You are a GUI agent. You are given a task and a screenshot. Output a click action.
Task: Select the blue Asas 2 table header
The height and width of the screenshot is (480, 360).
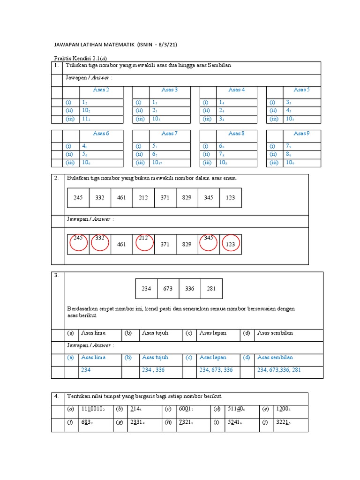pyautogui.click(x=101, y=90)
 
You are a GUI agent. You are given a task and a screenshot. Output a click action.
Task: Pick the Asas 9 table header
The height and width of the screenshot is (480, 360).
pyautogui.click(x=301, y=134)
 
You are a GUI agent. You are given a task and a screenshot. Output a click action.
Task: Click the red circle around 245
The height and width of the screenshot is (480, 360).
pyautogui.click(x=78, y=243)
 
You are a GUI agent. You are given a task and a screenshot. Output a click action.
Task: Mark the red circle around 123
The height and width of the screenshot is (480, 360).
pyautogui.click(x=230, y=244)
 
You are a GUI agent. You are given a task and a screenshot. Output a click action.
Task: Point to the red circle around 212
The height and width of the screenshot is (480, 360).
pyautogui.click(x=143, y=243)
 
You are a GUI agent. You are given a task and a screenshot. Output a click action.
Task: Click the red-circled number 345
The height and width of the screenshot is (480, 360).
pyautogui.click(x=209, y=238)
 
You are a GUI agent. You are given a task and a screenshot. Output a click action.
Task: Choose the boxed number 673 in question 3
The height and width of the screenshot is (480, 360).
pyautogui.click(x=168, y=288)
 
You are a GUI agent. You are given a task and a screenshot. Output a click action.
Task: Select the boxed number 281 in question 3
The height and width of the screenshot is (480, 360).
pyautogui.click(x=211, y=288)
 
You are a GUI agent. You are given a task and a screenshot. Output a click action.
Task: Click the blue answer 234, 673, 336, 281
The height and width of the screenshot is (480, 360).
pyautogui.click(x=279, y=370)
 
